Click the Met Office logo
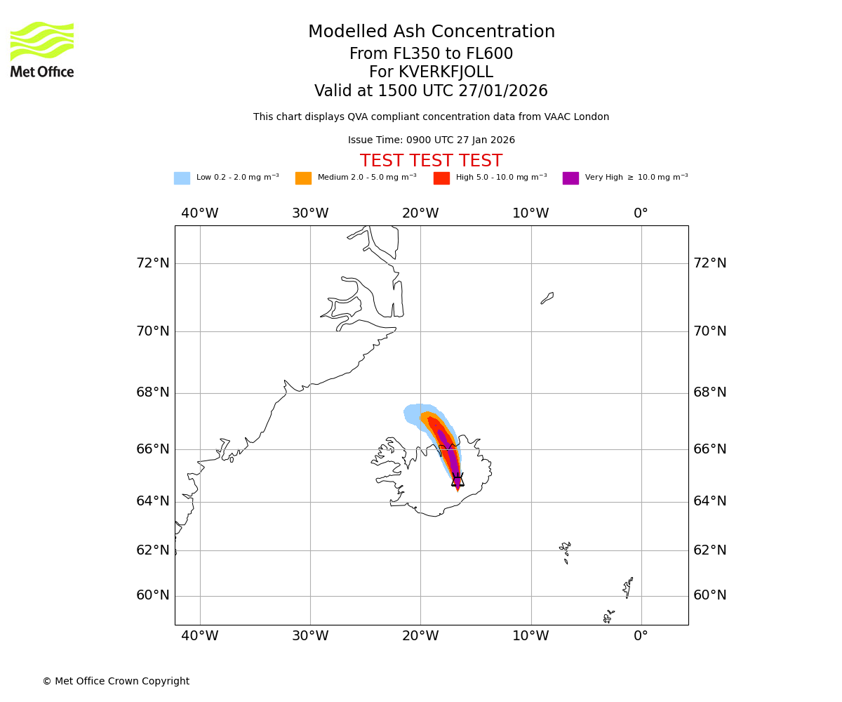click(42, 49)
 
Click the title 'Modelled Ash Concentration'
click(432, 32)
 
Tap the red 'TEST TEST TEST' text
click(432, 161)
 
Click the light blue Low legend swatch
click(182, 178)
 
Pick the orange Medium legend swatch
click(303, 178)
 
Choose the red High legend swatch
click(441, 178)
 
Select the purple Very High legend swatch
click(570, 178)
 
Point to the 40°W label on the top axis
click(200, 213)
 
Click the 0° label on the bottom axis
click(641, 636)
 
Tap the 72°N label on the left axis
click(153, 263)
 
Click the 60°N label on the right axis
click(710, 595)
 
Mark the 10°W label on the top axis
click(530, 213)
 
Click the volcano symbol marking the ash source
click(457, 480)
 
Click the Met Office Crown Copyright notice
click(116, 682)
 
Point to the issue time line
click(432, 140)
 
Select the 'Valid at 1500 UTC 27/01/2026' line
click(432, 91)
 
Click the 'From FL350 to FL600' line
click(432, 54)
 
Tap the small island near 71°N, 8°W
click(547, 298)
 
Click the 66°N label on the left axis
click(153, 449)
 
